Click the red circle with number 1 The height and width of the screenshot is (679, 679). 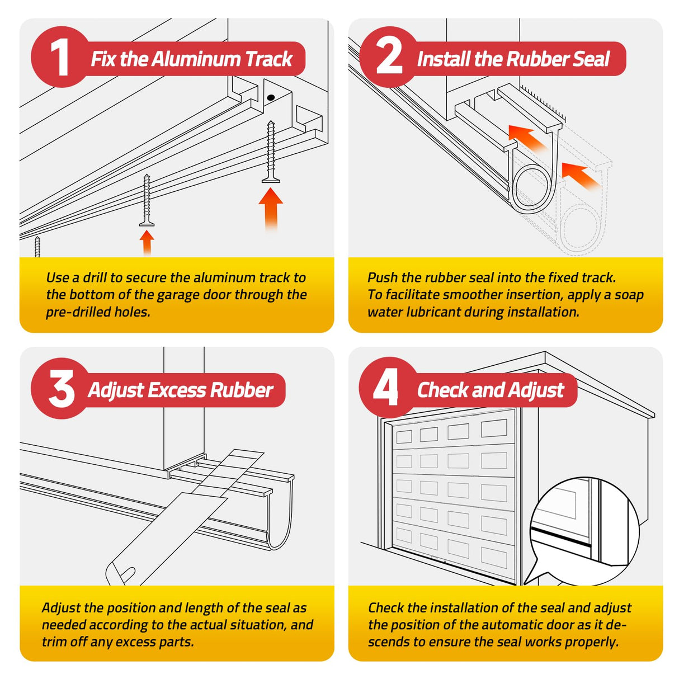[60, 57]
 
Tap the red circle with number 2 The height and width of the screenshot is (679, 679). [389, 57]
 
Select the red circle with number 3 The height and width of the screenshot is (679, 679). [60, 388]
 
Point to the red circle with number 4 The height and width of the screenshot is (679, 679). [387, 387]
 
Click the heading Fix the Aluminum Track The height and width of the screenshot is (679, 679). [191, 59]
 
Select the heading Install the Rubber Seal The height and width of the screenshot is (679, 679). [513, 59]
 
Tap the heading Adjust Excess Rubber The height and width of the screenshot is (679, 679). [181, 390]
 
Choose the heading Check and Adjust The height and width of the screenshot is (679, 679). [491, 390]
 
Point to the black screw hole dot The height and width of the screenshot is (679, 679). [271, 97]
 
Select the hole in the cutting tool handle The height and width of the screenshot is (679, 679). [128, 574]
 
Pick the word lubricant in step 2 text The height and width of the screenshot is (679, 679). [434, 312]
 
